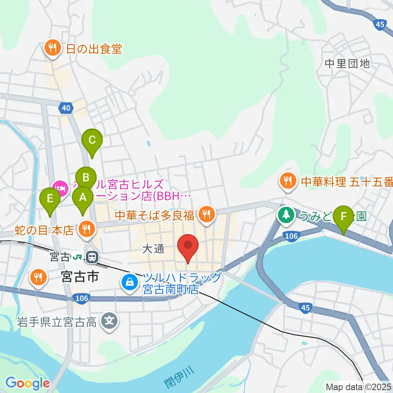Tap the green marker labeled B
tap(86, 178)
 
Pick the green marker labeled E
tap(50, 199)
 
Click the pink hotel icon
tap(60, 189)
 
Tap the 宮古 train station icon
tap(93, 257)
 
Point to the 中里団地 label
tap(347, 63)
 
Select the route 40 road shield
tap(66, 108)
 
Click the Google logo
tap(27, 383)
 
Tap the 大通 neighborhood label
tap(154, 249)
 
